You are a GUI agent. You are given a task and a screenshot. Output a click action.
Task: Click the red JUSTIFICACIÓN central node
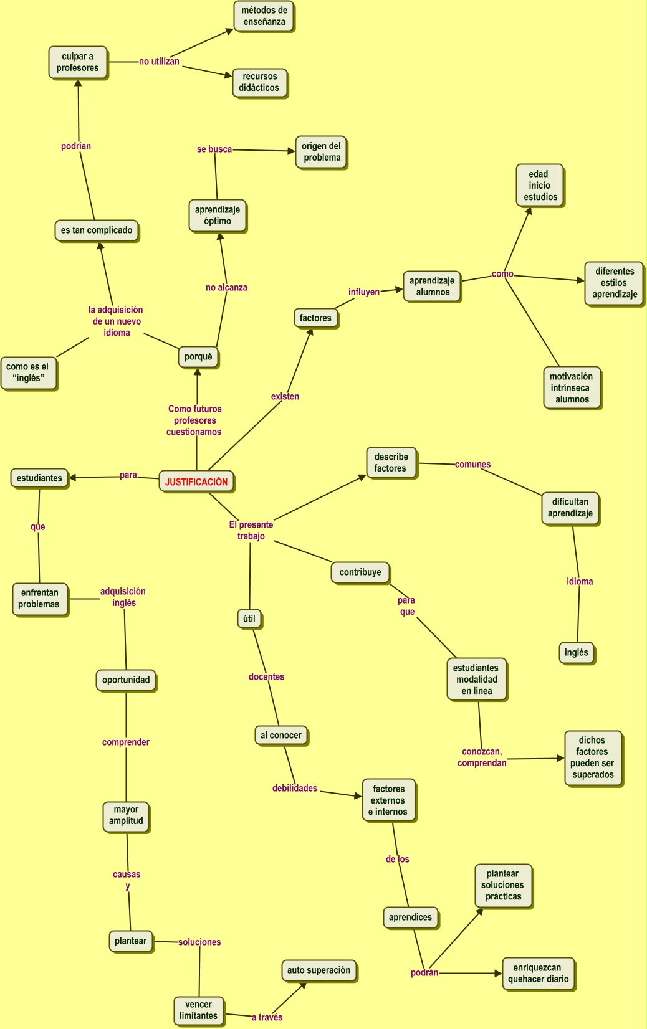click(196, 481)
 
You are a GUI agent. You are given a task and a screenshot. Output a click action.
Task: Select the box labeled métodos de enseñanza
click(264, 16)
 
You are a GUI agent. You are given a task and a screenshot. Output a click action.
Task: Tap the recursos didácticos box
click(259, 82)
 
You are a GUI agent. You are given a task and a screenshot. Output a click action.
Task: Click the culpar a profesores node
click(78, 62)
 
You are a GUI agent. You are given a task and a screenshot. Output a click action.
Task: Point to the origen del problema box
click(322, 152)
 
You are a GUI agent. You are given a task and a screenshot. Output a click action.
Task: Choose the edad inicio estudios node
click(540, 186)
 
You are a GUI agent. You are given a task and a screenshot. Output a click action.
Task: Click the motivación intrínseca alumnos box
click(572, 387)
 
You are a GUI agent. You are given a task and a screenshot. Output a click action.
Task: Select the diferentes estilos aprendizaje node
click(614, 283)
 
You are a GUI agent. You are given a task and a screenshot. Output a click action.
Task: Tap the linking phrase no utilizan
click(159, 62)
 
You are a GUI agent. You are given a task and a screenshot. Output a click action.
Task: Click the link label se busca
click(214, 149)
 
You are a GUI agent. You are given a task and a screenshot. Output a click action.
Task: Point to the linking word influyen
click(364, 292)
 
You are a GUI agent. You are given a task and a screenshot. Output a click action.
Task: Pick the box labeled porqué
click(198, 357)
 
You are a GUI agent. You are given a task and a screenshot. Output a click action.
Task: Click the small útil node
click(249, 619)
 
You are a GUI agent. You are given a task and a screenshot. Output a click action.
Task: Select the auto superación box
click(319, 970)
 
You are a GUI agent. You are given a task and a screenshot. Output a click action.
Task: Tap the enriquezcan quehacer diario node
click(538, 974)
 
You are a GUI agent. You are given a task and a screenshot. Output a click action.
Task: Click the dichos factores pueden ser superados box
click(593, 757)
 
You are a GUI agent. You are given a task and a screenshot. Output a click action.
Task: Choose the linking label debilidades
click(295, 789)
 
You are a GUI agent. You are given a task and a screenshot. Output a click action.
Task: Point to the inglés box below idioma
click(577, 653)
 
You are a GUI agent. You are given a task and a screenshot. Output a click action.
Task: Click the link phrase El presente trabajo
click(251, 530)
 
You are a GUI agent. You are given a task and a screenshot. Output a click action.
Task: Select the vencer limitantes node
click(199, 1010)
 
